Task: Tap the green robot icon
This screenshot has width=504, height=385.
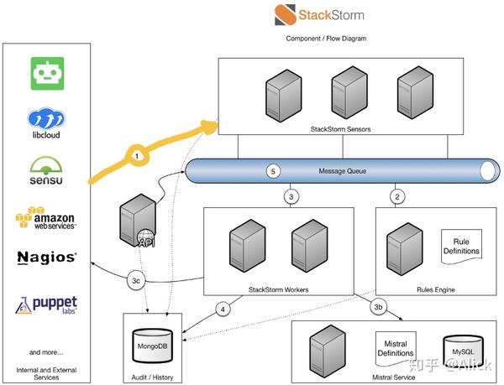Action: [47, 74]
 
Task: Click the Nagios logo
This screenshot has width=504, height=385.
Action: [47, 257]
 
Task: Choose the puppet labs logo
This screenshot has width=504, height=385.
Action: [47, 304]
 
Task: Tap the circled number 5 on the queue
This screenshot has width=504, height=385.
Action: [272, 171]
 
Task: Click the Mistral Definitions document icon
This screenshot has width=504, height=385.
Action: [393, 347]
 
